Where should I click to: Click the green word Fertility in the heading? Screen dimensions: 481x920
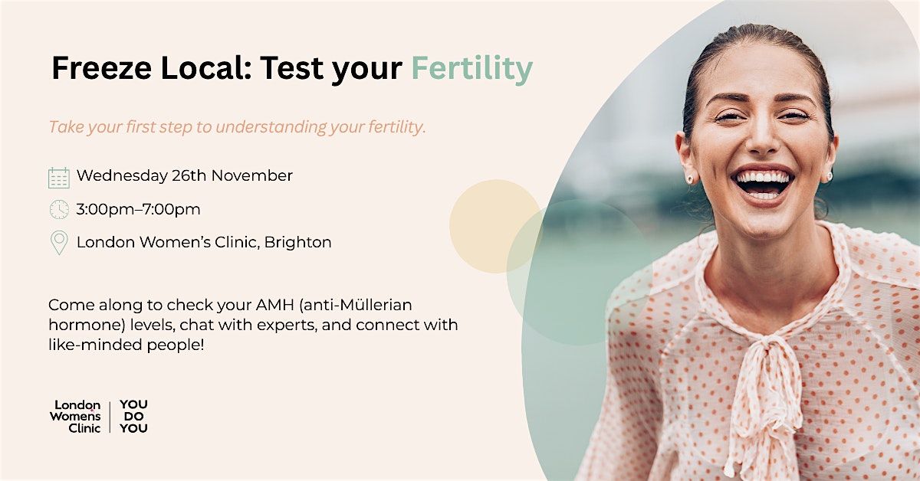pos(472,69)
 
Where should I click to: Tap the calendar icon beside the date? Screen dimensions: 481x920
pos(59,177)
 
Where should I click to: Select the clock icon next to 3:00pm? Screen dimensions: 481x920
pos(59,209)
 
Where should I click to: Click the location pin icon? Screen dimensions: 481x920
pos(59,243)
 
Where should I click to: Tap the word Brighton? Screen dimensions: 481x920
pos(301,242)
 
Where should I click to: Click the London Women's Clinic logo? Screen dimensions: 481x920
pos(75,417)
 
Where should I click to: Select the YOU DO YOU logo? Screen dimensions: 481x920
pos(133,417)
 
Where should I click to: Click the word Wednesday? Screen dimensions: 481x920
pos(122,175)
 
